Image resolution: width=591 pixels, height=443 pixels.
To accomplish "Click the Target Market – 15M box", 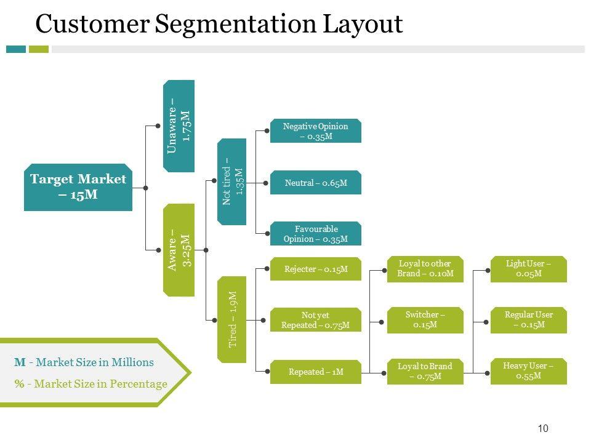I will coord(78,187).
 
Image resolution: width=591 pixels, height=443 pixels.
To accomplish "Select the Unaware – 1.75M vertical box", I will coord(179,126).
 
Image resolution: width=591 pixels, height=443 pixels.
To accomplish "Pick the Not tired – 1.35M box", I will coord(232,182).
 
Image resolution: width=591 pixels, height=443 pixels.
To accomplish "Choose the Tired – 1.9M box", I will coord(232,319).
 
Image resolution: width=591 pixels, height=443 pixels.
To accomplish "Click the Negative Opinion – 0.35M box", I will coord(315,131).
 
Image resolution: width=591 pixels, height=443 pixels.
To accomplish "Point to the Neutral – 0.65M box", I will coord(315,183).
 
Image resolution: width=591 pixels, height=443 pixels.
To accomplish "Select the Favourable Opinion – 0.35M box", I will coord(315,234).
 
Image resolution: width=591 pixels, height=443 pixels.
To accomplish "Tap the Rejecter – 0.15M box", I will coord(315,269).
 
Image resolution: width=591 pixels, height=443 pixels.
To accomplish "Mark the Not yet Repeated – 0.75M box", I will coord(315,321).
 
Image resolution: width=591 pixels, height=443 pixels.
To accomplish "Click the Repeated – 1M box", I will coord(315,372).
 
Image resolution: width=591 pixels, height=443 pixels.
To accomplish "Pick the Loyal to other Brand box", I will coord(425,269).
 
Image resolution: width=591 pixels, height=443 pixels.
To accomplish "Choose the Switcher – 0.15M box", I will coord(425,320).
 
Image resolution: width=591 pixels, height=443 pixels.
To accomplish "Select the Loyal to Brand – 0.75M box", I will coord(425,372).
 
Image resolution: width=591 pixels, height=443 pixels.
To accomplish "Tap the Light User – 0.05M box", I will coord(528,269).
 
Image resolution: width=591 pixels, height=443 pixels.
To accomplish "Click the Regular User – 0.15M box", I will coord(528,320).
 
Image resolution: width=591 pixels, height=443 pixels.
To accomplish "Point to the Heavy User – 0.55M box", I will coord(528,371).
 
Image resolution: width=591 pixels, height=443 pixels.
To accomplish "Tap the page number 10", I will coord(542,429).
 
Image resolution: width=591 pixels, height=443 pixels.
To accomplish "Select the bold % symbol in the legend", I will coord(19,384).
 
